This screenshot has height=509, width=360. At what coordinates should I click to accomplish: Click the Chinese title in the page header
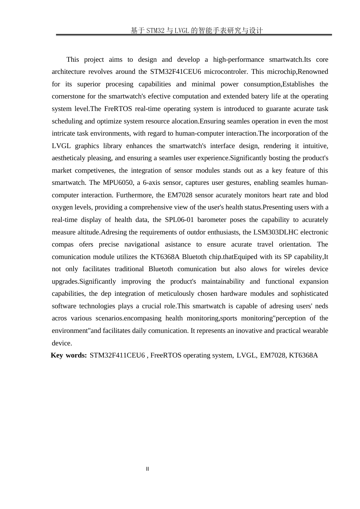[x=197, y=31]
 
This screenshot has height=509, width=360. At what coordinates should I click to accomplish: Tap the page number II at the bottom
[x=147, y=469]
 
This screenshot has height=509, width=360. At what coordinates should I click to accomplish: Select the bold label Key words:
[x=69, y=355]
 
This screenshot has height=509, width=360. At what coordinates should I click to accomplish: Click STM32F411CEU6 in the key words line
[x=117, y=355]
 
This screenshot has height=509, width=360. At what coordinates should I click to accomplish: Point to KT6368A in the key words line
[x=303, y=355]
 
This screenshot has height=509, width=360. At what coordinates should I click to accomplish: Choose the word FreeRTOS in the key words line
[x=166, y=355]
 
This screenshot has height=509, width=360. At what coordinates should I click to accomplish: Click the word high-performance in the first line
[x=238, y=59]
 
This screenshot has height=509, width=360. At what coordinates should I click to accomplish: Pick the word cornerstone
[x=69, y=96]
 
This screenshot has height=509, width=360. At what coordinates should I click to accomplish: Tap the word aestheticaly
[x=70, y=158]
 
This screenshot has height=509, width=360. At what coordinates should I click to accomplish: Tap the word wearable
[x=315, y=331]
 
